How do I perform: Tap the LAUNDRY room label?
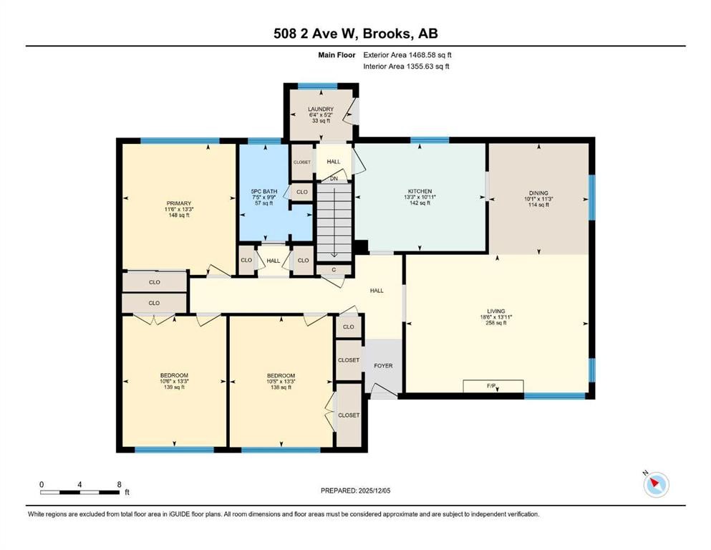(x=321, y=110)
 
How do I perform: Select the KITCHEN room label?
(x=420, y=191)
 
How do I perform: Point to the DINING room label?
(x=538, y=193)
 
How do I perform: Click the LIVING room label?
(x=496, y=311)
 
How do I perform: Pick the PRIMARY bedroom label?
(x=179, y=203)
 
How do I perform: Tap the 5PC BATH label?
(x=264, y=191)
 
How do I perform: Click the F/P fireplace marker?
(x=491, y=386)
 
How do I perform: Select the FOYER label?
(x=383, y=365)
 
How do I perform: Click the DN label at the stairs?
(x=334, y=178)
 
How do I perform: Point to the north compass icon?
(x=656, y=484)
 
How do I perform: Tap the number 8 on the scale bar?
(x=120, y=484)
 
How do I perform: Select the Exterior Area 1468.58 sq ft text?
(x=407, y=55)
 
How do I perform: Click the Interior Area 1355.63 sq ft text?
(x=406, y=66)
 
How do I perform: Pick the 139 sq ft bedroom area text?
(x=174, y=387)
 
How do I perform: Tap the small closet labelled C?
(x=334, y=270)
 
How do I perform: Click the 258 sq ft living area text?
(x=496, y=323)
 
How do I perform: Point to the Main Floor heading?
(x=337, y=55)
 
